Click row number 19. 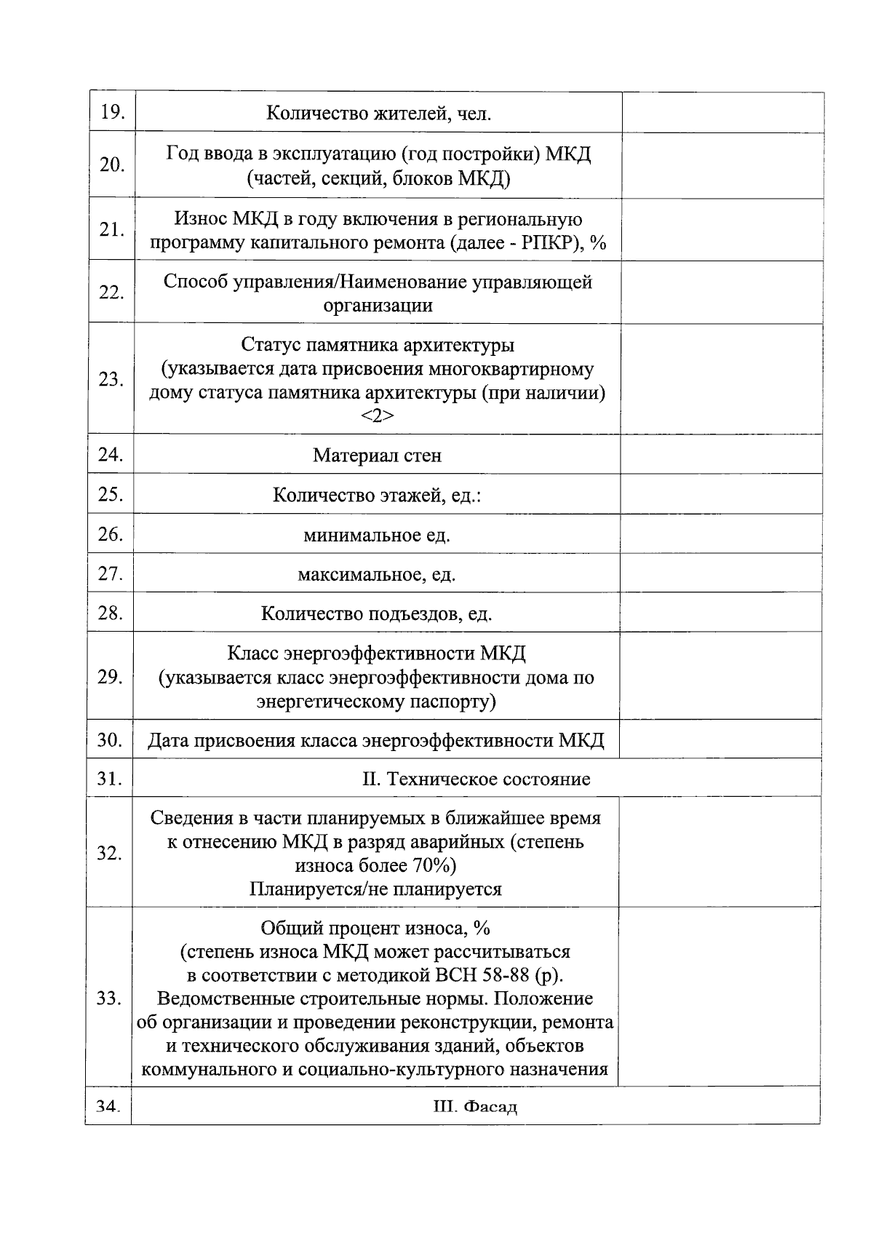(112, 112)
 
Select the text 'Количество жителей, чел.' (378, 114)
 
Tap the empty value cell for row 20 (722, 165)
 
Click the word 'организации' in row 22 (378, 306)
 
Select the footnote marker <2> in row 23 (377, 416)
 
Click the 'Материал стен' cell (377, 456)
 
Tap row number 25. (110, 495)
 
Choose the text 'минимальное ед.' (377, 536)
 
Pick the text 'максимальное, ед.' (376, 575)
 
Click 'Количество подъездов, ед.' (376, 614)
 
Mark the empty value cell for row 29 (720, 676)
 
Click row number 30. (109, 740)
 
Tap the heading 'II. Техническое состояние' (477, 779)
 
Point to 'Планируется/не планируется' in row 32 (375, 889)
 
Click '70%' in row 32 (434, 866)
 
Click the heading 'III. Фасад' (475, 1108)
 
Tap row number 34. (108, 1106)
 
